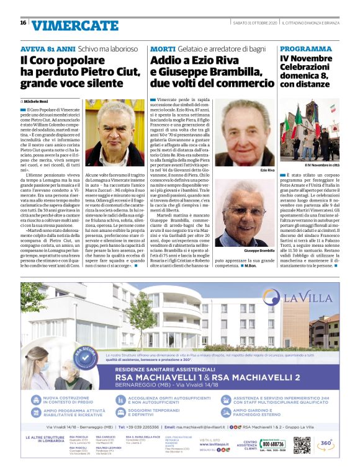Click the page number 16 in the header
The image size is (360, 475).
coord(23,23)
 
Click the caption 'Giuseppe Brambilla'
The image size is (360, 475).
coord(259,251)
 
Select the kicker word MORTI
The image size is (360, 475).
coord(163,48)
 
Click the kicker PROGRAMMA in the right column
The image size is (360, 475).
coord(305,48)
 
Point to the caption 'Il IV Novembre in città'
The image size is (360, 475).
coord(322,165)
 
